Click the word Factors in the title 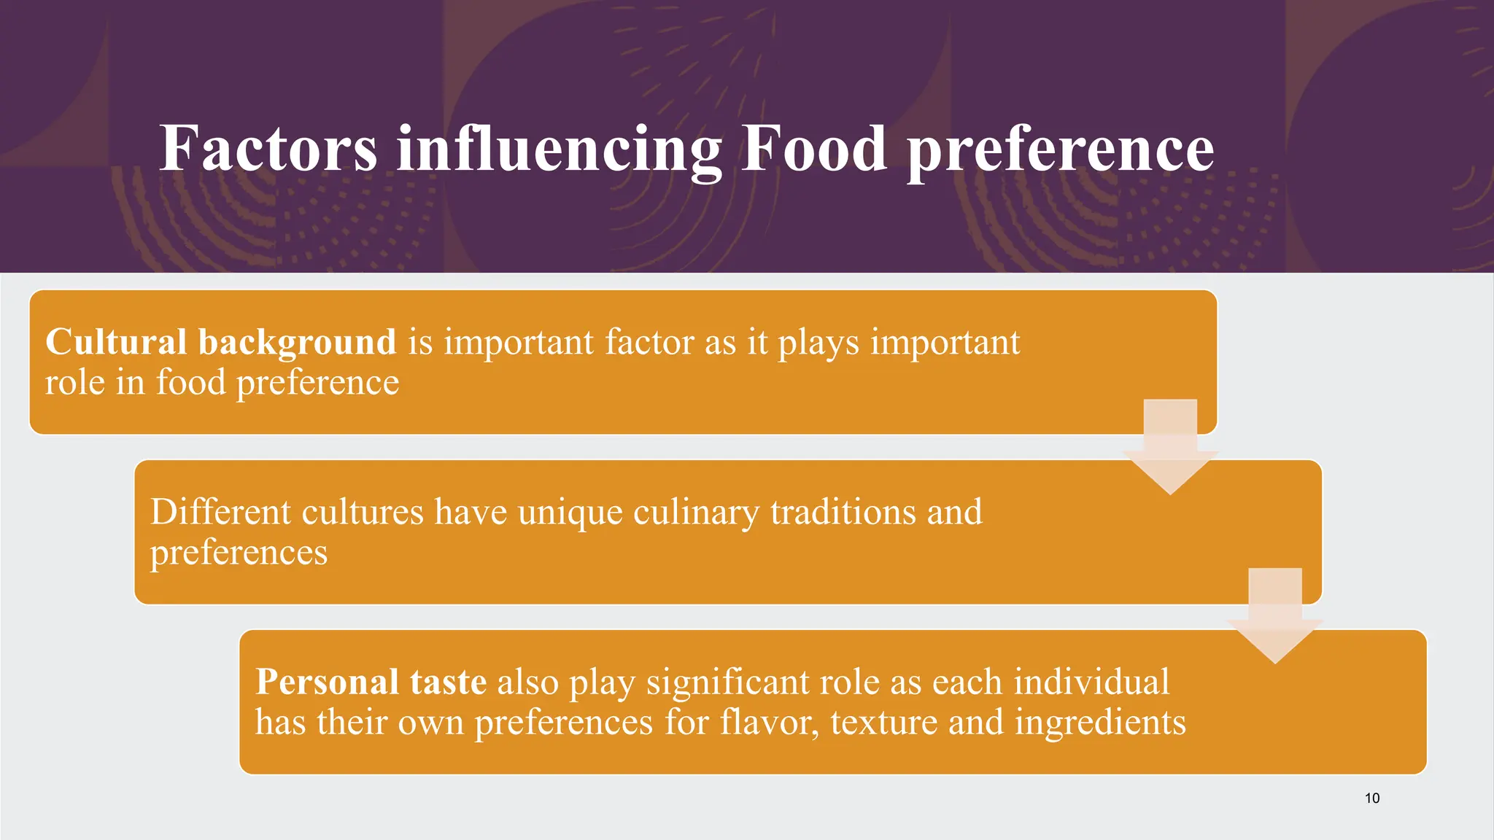pyautogui.click(x=268, y=149)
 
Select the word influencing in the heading pyautogui.click(x=559, y=149)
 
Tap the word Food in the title pyautogui.click(x=814, y=149)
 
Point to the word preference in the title pyautogui.click(x=1060, y=150)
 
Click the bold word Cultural pyautogui.click(x=116, y=341)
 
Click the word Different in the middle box pyautogui.click(x=221, y=511)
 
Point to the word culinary pyautogui.click(x=696, y=513)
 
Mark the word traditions pyautogui.click(x=843, y=511)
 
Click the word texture pyautogui.click(x=883, y=723)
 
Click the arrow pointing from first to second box pyautogui.click(x=1170, y=449)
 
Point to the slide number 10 pyautogui.click(x=1371, y=798)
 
